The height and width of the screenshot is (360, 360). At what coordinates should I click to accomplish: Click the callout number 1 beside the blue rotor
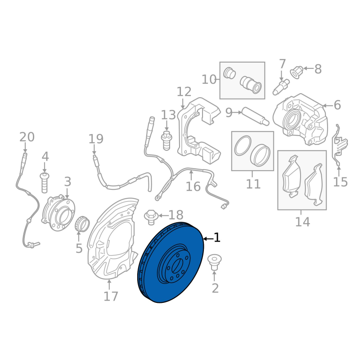pyautogui.click(x=217, y=238)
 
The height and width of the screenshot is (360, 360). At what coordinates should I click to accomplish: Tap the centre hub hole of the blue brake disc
pyautogui.click(x=176, y=265)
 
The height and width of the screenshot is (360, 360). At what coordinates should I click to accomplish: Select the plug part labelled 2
pyautogui.click(x=214, y=262)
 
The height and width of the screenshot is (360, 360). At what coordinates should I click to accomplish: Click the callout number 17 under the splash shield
pyautogui.click(x=111, y=296)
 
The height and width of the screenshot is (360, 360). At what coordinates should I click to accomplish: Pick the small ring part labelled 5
pyautogui.click(x=82, y=224)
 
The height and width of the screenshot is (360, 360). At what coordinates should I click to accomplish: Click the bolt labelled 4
pyautogui.click(x=44, y=183)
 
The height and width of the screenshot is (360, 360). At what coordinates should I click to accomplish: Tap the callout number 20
pyautogui.click(x=27, y=137)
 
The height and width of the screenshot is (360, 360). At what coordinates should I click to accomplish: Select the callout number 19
pyautogui.click(x=96, y=139)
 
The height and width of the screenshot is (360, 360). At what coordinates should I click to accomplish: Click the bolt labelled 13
pyautogui.click(x=166, y=140)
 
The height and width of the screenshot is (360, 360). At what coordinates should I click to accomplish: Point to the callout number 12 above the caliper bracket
pyautogui.click(x=184, y=92)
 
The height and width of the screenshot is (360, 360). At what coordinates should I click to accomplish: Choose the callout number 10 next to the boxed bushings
pyautogui.click(x=209, y=80)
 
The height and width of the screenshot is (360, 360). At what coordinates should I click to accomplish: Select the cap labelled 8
pyautogui.click(x=297, y=72)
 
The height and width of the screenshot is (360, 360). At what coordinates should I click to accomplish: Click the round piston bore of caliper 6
pyautogui.click(x=292, y=120)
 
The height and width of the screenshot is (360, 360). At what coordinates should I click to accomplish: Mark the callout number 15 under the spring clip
pyautogui.click(x=340, y=182)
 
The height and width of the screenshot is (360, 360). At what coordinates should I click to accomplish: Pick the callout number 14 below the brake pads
pyautogui.click(x=302, y=222)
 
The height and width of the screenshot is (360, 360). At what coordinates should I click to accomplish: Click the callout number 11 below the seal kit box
pyautogui.click(x=253, y=184)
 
